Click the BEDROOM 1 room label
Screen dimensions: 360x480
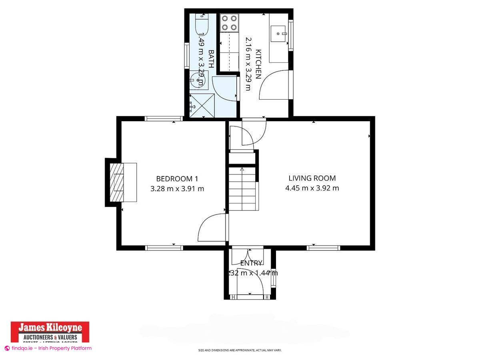[x=177, y=179]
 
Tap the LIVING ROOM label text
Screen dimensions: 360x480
[x=312, y=178]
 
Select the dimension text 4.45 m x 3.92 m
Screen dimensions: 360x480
[x=312, y=188]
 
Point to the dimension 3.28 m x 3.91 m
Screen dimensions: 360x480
[x=177, y=188]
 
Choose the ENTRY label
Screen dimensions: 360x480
[x=251, y=263]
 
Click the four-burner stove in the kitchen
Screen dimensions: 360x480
[x=229, y=23]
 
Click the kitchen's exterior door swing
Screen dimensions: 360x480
[x=274, y=86]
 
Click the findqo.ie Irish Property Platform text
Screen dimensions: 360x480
[x=48, y=348]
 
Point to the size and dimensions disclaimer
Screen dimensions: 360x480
[x=240, y=350]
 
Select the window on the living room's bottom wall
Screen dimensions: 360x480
[x=323, y=248]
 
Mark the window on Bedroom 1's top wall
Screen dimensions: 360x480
[x=164, y=118]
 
